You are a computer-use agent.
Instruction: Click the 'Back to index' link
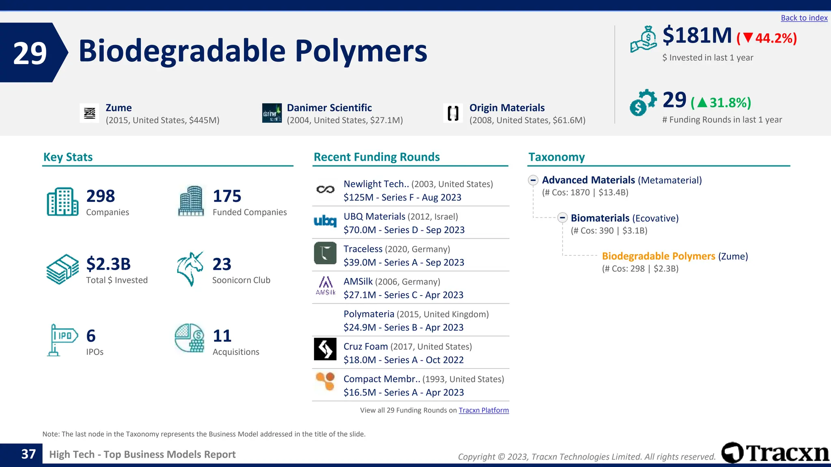pos(804,18)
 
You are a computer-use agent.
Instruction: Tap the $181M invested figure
pos(697,36)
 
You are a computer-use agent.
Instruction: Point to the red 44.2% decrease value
pos(767,38)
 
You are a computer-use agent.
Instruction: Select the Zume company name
pos(118,108)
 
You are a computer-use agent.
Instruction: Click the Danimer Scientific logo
pos(271,113)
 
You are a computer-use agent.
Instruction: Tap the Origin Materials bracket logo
pos(453,113)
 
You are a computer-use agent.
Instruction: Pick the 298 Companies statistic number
pos(101,196)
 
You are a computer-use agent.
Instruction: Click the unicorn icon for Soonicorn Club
pos(190,269)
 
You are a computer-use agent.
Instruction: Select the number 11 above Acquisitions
pos(222,336)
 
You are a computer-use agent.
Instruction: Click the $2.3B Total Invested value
pos(108,264)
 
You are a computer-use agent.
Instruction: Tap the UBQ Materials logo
pos(325,221)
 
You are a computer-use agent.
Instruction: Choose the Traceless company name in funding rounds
pos(363,249)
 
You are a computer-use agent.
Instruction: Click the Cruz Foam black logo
pos(325,349)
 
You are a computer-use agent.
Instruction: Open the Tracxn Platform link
pos(484,410)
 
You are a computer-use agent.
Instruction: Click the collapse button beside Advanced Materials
pos(533,180)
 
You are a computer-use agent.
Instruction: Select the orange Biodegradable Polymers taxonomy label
pos(658,256)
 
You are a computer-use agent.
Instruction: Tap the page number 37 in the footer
pos(28,454)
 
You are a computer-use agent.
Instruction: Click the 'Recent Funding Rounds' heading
pos(377,157)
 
